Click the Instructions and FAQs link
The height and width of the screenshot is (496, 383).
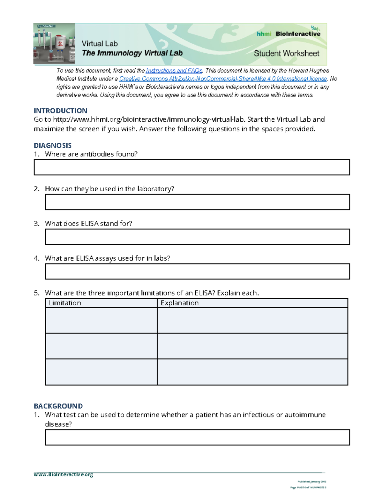(174, 71)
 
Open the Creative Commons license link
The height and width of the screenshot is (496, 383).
(223, 79)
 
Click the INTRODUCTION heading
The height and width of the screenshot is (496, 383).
(60, 111)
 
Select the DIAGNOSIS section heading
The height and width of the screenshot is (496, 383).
(53, 145)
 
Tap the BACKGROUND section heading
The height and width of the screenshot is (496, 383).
(58, 406)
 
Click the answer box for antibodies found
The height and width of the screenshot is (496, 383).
(191, 167)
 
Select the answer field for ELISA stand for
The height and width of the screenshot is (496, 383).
(197, 237)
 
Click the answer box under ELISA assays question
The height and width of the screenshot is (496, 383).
(197, 271)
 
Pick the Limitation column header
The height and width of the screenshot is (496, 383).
(65, 303)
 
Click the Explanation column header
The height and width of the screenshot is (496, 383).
(180, 303)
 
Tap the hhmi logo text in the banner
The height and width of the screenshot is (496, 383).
(264, 34)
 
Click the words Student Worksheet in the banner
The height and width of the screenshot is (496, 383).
(286, 53)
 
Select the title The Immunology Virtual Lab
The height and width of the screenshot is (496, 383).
(132, 53)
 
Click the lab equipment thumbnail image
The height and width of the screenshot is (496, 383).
(54, 44)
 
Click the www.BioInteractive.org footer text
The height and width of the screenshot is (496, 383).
(63, 475)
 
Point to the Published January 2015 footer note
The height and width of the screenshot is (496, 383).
(312, 482)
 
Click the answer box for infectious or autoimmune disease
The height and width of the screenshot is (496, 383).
(197, 437)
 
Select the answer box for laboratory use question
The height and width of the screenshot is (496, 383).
(197, 202)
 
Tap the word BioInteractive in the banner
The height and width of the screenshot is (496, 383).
(298, 34)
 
